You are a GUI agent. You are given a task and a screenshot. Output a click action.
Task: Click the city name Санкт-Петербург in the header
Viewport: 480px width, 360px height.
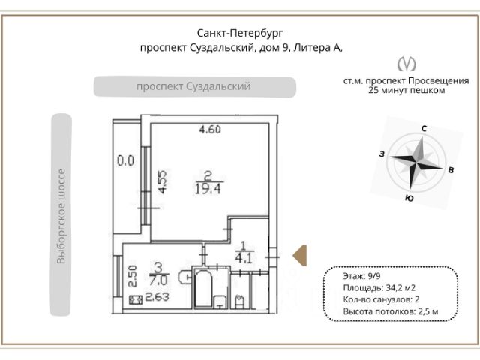pyautogui.click(x=240, y=33)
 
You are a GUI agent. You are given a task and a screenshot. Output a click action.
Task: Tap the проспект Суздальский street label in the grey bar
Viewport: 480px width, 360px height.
pyautogui.click(x=193, y=86)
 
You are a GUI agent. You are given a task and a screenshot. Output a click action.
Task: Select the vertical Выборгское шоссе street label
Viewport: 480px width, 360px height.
pyautogui.click(x=61, y=217)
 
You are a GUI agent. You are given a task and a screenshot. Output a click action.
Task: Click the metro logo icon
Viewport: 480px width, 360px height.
pyautogui.click(x=406, y=64)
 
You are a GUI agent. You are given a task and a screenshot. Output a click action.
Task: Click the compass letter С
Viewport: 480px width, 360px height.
pyautogui.click(x=424, y=129)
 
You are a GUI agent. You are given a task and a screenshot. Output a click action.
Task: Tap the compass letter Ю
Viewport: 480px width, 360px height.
pyautogui.click(x=409, y=199)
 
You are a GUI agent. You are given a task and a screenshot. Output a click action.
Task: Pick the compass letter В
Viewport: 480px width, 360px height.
pyautogui.click(x=451, y=170)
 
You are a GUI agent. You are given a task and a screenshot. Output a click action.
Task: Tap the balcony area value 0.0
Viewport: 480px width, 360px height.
pyautogui.click(x=125, y=160)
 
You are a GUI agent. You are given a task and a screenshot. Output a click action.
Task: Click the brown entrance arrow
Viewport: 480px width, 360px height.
pyautogui.click(x=299, y=255)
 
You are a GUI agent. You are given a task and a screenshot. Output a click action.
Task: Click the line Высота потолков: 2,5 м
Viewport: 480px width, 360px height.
pyautogui.click(x=389, y=310)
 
